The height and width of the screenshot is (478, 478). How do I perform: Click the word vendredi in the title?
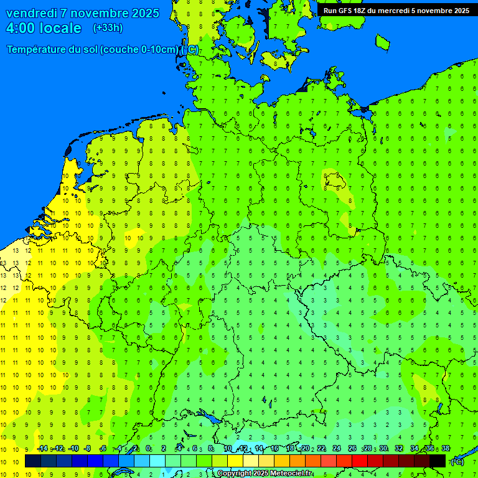tap(32, 13)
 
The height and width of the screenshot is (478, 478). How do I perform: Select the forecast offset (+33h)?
tap(108, 28)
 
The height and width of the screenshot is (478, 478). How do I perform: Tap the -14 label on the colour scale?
tap(42, 449)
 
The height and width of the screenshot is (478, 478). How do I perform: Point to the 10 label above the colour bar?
tap(227, 449)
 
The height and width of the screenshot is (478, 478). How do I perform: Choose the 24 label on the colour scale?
tap(337, 449)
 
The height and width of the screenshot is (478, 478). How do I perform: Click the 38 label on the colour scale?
tap(446, 449)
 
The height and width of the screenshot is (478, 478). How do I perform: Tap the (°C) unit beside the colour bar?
tap(457, 461)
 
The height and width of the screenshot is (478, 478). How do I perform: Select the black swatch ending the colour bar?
tap(438, 461)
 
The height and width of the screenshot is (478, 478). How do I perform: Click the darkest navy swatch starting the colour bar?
tap(33, 461)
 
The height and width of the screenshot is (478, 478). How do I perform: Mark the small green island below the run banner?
tap(382, 42)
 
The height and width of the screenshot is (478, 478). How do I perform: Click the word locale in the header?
tap(60, 28)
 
